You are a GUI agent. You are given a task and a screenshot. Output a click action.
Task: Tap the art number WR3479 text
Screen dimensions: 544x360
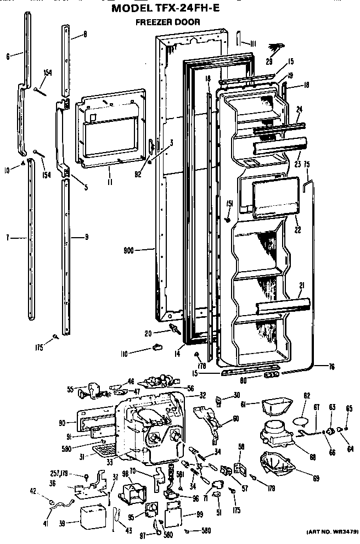tap(330, 532)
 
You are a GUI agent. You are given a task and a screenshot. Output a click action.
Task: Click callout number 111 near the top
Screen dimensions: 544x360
tap(253, 44)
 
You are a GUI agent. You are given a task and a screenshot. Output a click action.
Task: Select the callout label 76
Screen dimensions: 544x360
tap(331, 367)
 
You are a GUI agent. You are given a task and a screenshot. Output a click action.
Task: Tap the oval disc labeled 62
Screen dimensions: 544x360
tap(302, 421)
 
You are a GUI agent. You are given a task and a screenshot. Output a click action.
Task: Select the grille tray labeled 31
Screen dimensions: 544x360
tap(105, 451)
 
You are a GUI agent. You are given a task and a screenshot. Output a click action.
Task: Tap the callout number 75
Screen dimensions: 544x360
tap(307, 163)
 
